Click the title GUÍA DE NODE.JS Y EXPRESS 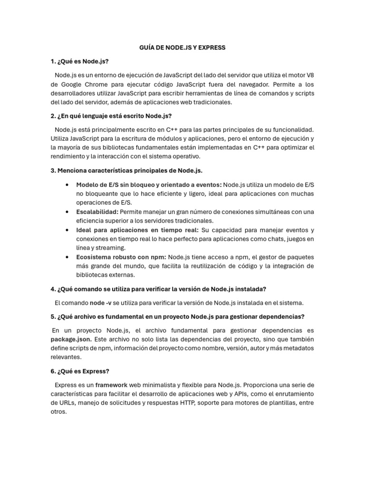182,48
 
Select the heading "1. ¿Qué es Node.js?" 79,61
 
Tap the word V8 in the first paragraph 309,75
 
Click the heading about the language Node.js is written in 111,116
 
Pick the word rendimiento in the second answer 70,156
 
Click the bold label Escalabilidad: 97,212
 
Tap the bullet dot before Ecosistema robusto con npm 65,257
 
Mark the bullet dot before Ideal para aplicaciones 65,230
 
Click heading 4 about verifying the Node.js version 158,289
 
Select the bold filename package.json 71,339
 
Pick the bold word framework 111,385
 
